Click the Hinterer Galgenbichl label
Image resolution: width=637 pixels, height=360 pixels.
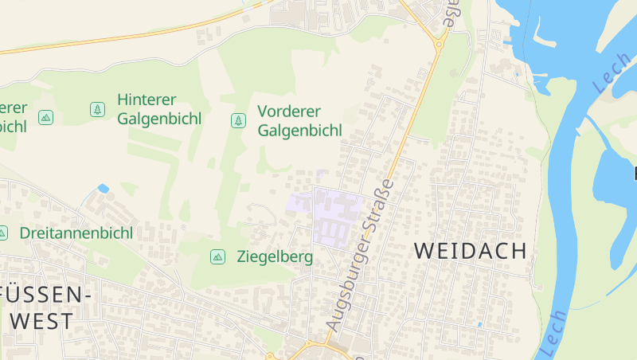[x=158, y=109]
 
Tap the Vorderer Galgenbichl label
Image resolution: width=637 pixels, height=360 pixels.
[x=299, y=120]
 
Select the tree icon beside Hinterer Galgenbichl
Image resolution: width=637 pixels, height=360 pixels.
[x=97, y=108]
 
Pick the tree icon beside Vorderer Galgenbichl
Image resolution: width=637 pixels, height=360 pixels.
[x=237, y=120]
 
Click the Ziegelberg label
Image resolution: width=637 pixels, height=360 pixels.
[x=275, y=257]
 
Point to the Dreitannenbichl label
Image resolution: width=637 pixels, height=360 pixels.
[x=76, y=233]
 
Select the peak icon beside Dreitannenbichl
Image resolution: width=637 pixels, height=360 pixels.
[x=2, y=233]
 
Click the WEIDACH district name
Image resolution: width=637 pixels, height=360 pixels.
[x=471, y=251]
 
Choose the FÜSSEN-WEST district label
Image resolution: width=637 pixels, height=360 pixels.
[x=43, y=307]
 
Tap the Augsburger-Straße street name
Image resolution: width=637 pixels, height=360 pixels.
[x=361, y=255]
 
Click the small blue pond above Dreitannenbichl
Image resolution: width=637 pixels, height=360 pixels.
[x=103, y=189]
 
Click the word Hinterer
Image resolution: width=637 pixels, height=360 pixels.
[x=147, y=100]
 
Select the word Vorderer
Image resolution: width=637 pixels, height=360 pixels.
[x=289, y=111]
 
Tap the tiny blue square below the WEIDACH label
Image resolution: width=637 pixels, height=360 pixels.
[x=479, y=324]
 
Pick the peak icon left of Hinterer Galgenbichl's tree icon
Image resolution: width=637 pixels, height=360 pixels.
[x=45, y=117]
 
